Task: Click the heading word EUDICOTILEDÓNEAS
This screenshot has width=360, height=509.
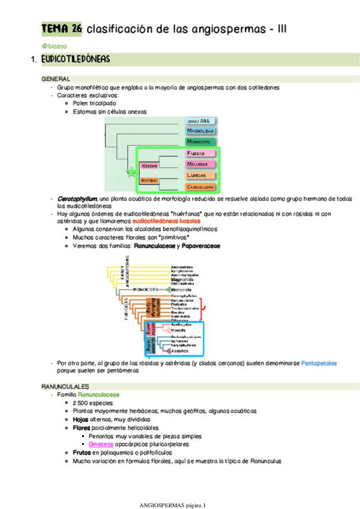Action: [x=76, y=60]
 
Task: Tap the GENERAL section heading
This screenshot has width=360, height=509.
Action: [x=55, y=79]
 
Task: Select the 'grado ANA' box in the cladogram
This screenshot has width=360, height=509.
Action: [x=200, y=121]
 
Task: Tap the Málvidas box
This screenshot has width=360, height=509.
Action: [x=200, y=164]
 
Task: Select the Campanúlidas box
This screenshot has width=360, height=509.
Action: [x=200, y=186]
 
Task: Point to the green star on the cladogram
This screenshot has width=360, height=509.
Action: [x=131, y=172]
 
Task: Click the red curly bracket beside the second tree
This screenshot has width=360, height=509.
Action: [x=205, y=307]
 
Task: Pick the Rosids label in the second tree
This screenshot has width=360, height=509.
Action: [x=179, y=330]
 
